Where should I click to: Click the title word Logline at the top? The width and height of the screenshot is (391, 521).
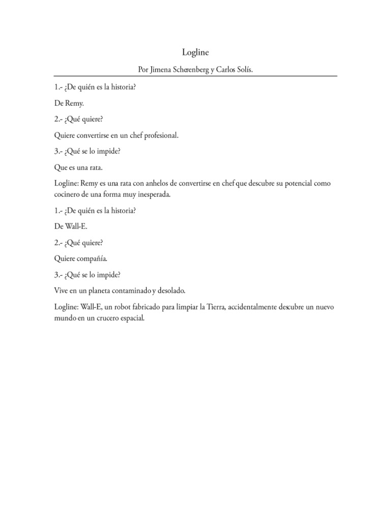pyautogui.click(x=195, y=52)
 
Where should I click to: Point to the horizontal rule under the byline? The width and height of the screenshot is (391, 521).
pyautogui.click(x=195, y=76)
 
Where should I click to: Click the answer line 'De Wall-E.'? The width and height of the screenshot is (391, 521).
pyautogui.click(x=67, y=227)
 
